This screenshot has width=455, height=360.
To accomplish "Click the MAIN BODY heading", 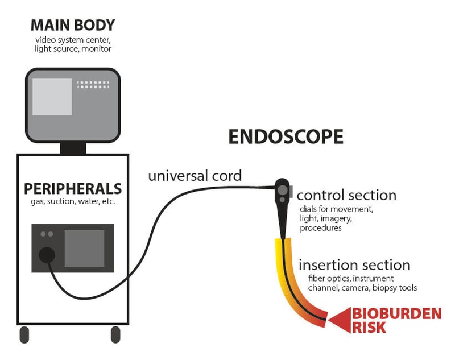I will pyautogui.click(x=72, y=26).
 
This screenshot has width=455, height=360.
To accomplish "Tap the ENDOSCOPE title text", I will pyautogui.click(x=286, y=136).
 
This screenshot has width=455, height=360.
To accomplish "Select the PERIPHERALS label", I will pyautogui.click(x=72, y=188).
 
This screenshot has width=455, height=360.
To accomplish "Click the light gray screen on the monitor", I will pyautogui.click(x=52, y=97).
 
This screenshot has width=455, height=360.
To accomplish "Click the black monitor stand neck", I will pyautogui.click(x=73, y=148).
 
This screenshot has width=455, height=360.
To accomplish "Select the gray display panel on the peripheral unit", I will pyautogui.click(x=84, y=249).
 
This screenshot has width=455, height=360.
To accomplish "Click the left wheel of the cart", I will pyautogui.click(x=24, y=334).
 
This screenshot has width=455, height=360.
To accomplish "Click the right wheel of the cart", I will pyautogui.click(x=115, y=334).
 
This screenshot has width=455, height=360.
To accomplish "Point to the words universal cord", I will pyautogui.click(x=195, y=175).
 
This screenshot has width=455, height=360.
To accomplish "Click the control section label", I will pyautogui.click(x=346, y=195).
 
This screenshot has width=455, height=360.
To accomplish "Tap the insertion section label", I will pyautogui.click(x=354, y=265).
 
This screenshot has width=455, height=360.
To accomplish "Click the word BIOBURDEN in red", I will pyautogui.click(x=396, y=313).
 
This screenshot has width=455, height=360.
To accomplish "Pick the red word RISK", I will pyautogui.click(x=369, y=328).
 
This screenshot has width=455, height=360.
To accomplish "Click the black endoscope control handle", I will pyautogui.click(x=282, y=196).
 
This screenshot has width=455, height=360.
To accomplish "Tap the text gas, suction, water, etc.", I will pyautogui.click(x=72, y=202).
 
